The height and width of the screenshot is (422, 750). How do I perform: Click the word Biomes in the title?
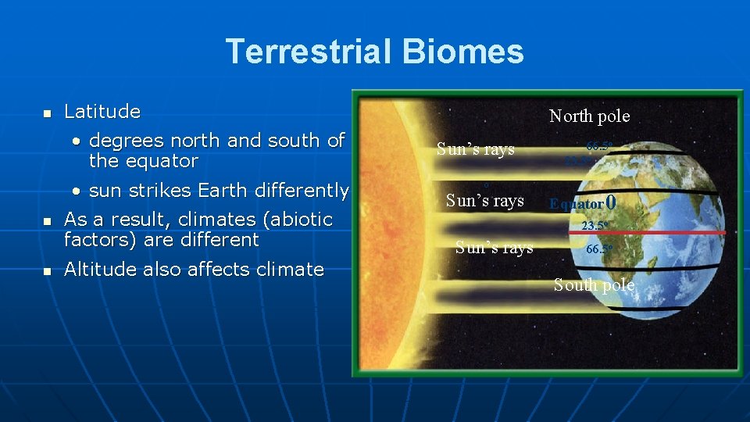tap(464, 52)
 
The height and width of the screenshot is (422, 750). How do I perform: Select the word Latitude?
tap(102, 112)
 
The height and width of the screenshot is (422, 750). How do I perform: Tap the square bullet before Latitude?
tap(46, 114)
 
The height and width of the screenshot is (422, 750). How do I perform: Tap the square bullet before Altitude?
tap(46, 271)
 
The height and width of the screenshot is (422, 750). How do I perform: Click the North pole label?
tap(589, 116)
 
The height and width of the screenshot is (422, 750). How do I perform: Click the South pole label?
tap(594, 285)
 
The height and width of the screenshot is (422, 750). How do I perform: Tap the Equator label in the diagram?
tap(577, 204)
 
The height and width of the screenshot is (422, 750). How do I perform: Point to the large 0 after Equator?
tap(612, 202)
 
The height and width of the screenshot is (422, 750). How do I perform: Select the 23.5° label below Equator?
tap(595, 226)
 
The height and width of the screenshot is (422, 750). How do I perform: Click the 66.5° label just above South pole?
tap(599, 249)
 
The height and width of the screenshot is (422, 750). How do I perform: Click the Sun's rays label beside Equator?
tap(484, 201)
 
